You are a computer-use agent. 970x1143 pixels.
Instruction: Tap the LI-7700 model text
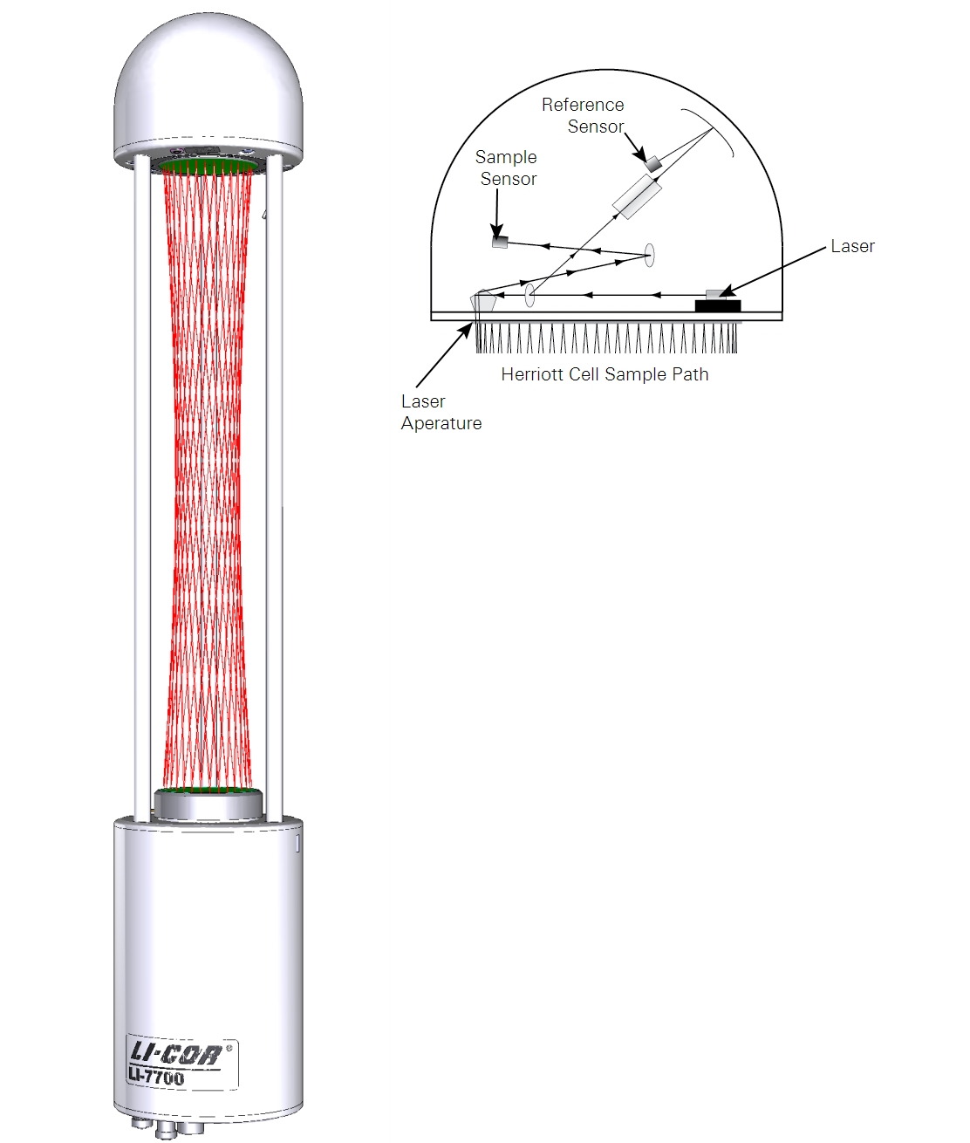(156, 1077)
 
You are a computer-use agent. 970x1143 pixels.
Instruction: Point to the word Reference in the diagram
(583, 105)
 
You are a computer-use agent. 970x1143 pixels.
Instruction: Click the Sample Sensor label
(506, 168)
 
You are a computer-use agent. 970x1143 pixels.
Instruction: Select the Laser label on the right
(853, 246)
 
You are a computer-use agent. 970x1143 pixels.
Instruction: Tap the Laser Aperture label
(441, 412)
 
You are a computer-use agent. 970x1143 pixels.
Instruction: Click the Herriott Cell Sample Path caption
(605, 374)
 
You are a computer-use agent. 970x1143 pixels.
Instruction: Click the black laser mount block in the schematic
(717, 305)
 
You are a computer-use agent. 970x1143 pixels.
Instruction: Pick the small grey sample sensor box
(500, 243)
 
